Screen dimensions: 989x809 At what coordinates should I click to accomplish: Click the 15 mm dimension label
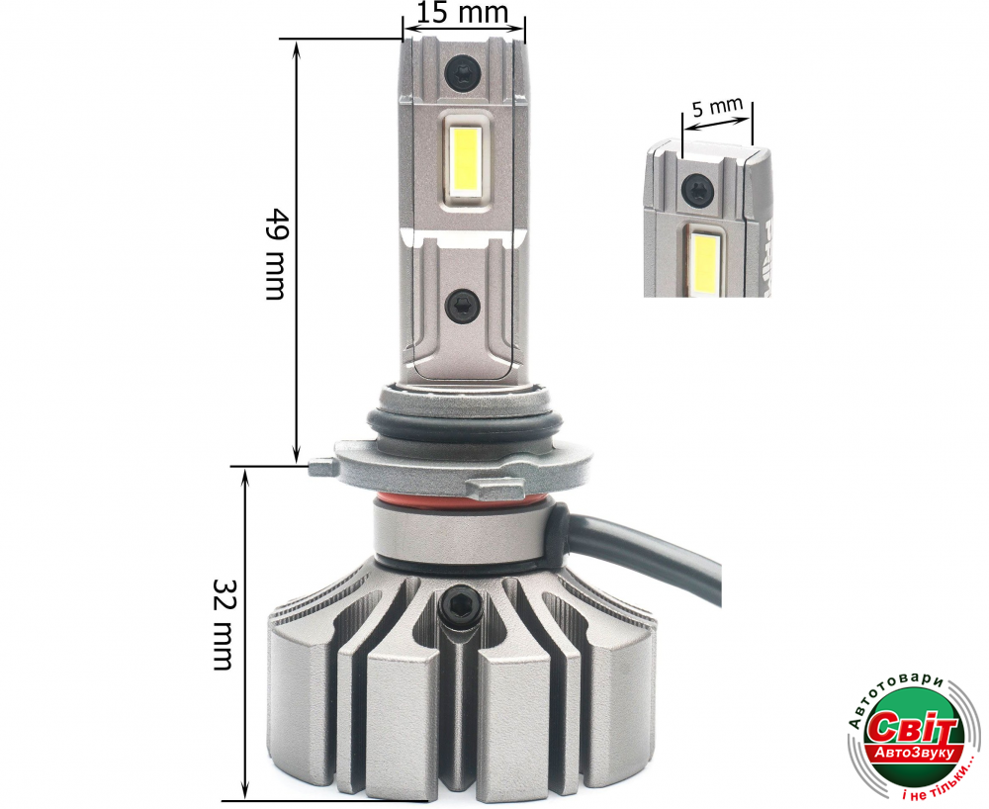pos(462,12)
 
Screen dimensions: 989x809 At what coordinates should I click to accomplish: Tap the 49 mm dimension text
pos(276,253)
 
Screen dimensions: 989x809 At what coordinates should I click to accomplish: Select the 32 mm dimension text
pos(223,624)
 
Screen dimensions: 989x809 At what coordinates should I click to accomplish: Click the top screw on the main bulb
pos(462,73)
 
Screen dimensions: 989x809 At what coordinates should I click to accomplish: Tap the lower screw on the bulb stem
pos(462,307)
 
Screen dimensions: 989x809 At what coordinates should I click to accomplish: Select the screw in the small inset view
pos(697,190)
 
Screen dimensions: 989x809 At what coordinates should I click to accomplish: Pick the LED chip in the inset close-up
pos(702,262)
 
